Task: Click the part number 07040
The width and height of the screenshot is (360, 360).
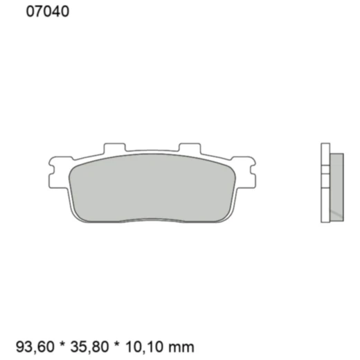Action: (47, 12)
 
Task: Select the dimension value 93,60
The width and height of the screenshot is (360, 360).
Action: (34, 345)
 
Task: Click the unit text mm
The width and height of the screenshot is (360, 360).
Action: (182, 345)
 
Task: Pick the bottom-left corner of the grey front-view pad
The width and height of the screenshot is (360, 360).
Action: (78, 217)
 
